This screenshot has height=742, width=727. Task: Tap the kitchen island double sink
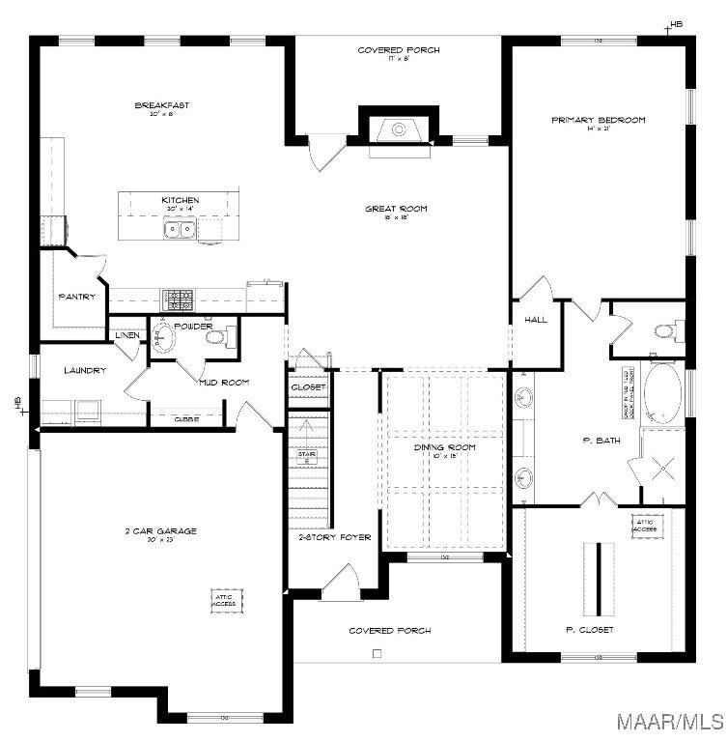click(x=179, y=230)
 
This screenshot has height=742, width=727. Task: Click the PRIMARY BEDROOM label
click(x=598, y=120)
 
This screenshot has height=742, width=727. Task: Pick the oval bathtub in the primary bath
click(x=663, y=392)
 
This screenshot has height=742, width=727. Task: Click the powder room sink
click(x=164, y=338)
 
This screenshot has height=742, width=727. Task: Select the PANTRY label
click(x=77, y=297)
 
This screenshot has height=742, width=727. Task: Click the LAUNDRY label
click(x=85, y=370)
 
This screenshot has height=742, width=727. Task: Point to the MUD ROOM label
click(x=224, y=382)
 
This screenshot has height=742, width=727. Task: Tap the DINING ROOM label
click(x=445, y=447)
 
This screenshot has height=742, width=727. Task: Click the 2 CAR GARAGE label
click(x=160, y=530)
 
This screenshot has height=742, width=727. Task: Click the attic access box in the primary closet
click(x=645, y=526)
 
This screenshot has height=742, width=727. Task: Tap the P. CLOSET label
click(x=589, y=629)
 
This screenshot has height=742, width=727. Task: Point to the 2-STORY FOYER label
click(x=334, y=537)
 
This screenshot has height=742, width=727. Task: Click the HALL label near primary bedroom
click(x=536, y=319)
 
